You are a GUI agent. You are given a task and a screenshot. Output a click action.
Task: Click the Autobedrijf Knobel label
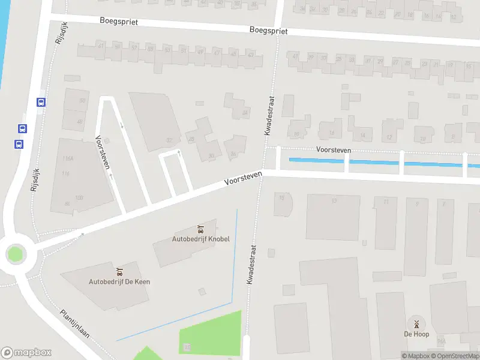click(x=200, y=239)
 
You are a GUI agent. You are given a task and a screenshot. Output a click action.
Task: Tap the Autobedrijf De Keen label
click(x=119, y=281)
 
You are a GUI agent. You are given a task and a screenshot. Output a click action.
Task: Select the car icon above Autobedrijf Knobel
click(x=200, y=229)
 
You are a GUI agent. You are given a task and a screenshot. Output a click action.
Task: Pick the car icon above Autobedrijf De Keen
click(x=119, y=272)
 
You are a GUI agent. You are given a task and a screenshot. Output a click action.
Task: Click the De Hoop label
click(x=416, y=334)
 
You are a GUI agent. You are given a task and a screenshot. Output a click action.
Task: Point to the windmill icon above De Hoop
click(x=416, y=324)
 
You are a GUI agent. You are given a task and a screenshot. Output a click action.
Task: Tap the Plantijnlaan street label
click(x=75, y=324)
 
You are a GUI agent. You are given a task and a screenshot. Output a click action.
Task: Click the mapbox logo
click(x=26, y=353)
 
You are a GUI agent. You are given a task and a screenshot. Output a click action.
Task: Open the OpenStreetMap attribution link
click(x=458, y=356)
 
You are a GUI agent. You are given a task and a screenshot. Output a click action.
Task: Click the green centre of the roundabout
click(x=15, y=254)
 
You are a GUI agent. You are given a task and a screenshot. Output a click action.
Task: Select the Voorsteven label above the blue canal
click(x=334, y=151)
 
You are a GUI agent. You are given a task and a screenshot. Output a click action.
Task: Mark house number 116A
click(x=67, y=158)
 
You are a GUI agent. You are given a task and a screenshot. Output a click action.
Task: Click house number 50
click(x=82, y=100)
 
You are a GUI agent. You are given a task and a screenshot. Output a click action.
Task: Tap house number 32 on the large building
click(x=169, y=140)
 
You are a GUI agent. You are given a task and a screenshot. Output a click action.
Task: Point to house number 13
click(x=334, y=200)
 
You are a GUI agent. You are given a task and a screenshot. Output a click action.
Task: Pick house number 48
click(x=80, y=121)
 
